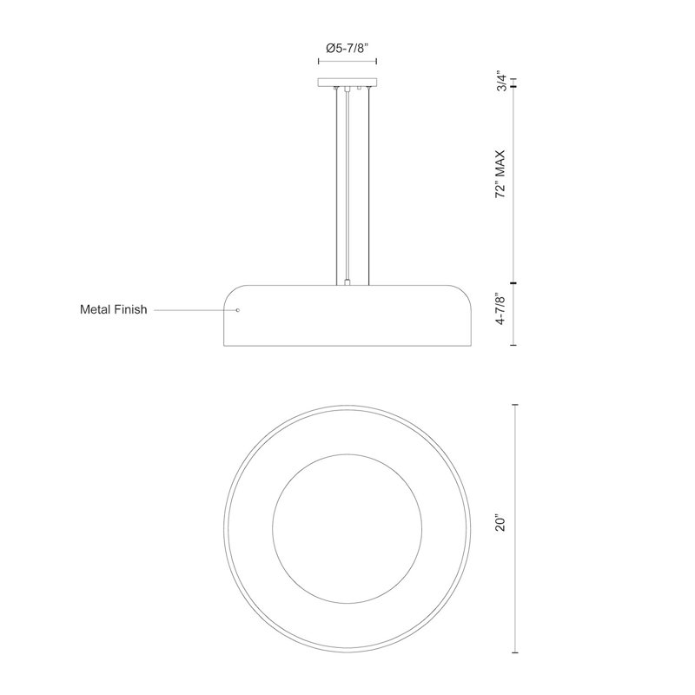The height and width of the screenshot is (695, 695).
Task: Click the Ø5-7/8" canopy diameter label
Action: (347, 48)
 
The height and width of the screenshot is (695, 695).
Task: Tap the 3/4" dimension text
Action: (501, 81)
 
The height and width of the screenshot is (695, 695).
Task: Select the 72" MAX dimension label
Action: (501, 175)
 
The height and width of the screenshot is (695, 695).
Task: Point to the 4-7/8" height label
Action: (501, 309)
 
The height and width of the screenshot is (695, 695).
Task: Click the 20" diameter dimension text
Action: (501, 524)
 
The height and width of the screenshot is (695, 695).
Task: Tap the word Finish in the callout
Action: (131, 309)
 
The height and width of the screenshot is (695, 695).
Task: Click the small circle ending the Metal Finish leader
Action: (238, 310)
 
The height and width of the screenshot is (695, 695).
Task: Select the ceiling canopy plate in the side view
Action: (347, 82)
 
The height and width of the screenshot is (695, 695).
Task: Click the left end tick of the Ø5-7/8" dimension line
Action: (319, 61)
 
